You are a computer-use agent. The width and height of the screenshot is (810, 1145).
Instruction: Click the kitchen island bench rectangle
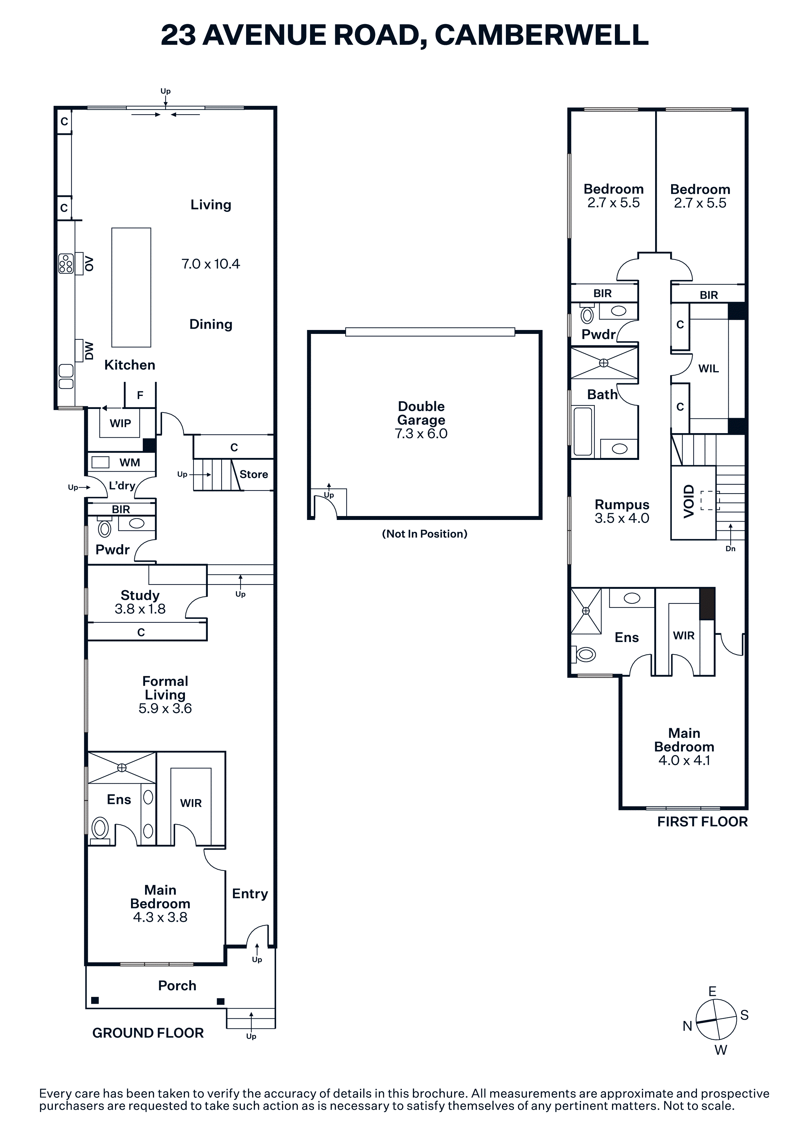point(131,287)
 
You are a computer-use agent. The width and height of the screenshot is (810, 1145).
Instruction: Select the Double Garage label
point(421,413)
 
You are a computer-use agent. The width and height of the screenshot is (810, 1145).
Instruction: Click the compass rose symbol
point(716,1020)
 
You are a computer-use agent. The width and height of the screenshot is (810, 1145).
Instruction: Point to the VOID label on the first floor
point(689,501)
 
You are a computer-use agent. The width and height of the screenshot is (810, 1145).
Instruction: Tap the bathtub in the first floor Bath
point(583,431)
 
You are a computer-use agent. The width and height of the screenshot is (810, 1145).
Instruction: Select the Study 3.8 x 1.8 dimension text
point(140,609)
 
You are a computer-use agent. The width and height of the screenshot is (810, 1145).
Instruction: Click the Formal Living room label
point(165,688)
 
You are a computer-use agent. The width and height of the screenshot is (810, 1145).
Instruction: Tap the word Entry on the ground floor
point(250,894)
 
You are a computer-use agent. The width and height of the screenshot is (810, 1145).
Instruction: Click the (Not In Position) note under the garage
point(425,534)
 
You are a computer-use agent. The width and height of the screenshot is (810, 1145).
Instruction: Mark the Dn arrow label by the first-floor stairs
point(730,549)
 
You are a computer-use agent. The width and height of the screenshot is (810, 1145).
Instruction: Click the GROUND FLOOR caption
point(148,1033)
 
